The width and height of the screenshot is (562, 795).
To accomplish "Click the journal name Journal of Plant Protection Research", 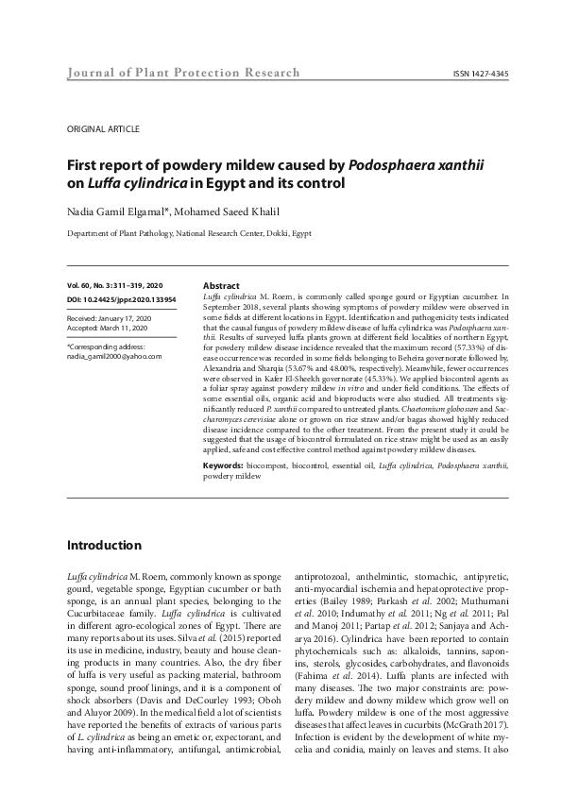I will click(184, 73).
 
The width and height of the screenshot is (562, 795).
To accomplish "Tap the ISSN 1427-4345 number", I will click(480, 74).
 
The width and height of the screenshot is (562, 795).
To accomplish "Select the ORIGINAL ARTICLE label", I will click(104, 128).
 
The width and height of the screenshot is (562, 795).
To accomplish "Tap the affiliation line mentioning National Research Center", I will click(189, 233).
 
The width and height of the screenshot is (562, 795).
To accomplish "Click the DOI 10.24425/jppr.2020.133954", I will click(128, 298).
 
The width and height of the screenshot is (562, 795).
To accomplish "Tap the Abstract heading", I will click(221, 285).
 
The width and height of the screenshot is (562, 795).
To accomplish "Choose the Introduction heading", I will click(104, 546).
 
